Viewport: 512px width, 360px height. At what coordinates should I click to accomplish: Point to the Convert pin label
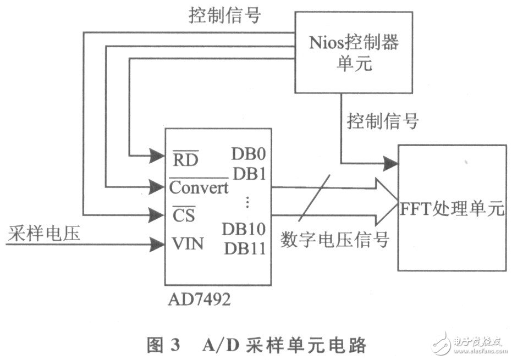[x=199, y=188]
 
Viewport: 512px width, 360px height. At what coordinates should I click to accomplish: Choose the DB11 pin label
[x=245, y=248]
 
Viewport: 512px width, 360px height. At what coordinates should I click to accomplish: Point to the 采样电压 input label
[x=44, y=235]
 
